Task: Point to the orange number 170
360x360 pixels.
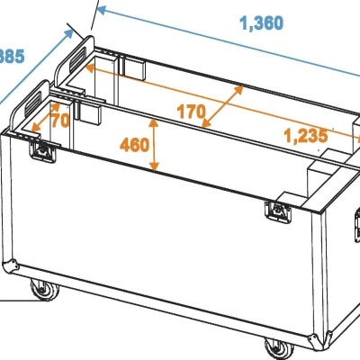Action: coord(191,113)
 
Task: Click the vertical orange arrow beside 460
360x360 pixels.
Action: coord(157,146)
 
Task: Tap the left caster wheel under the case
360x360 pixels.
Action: coord(41,290)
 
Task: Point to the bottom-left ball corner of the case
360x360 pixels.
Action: coord(13,265)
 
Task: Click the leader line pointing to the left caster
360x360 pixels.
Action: coord(13,298)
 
